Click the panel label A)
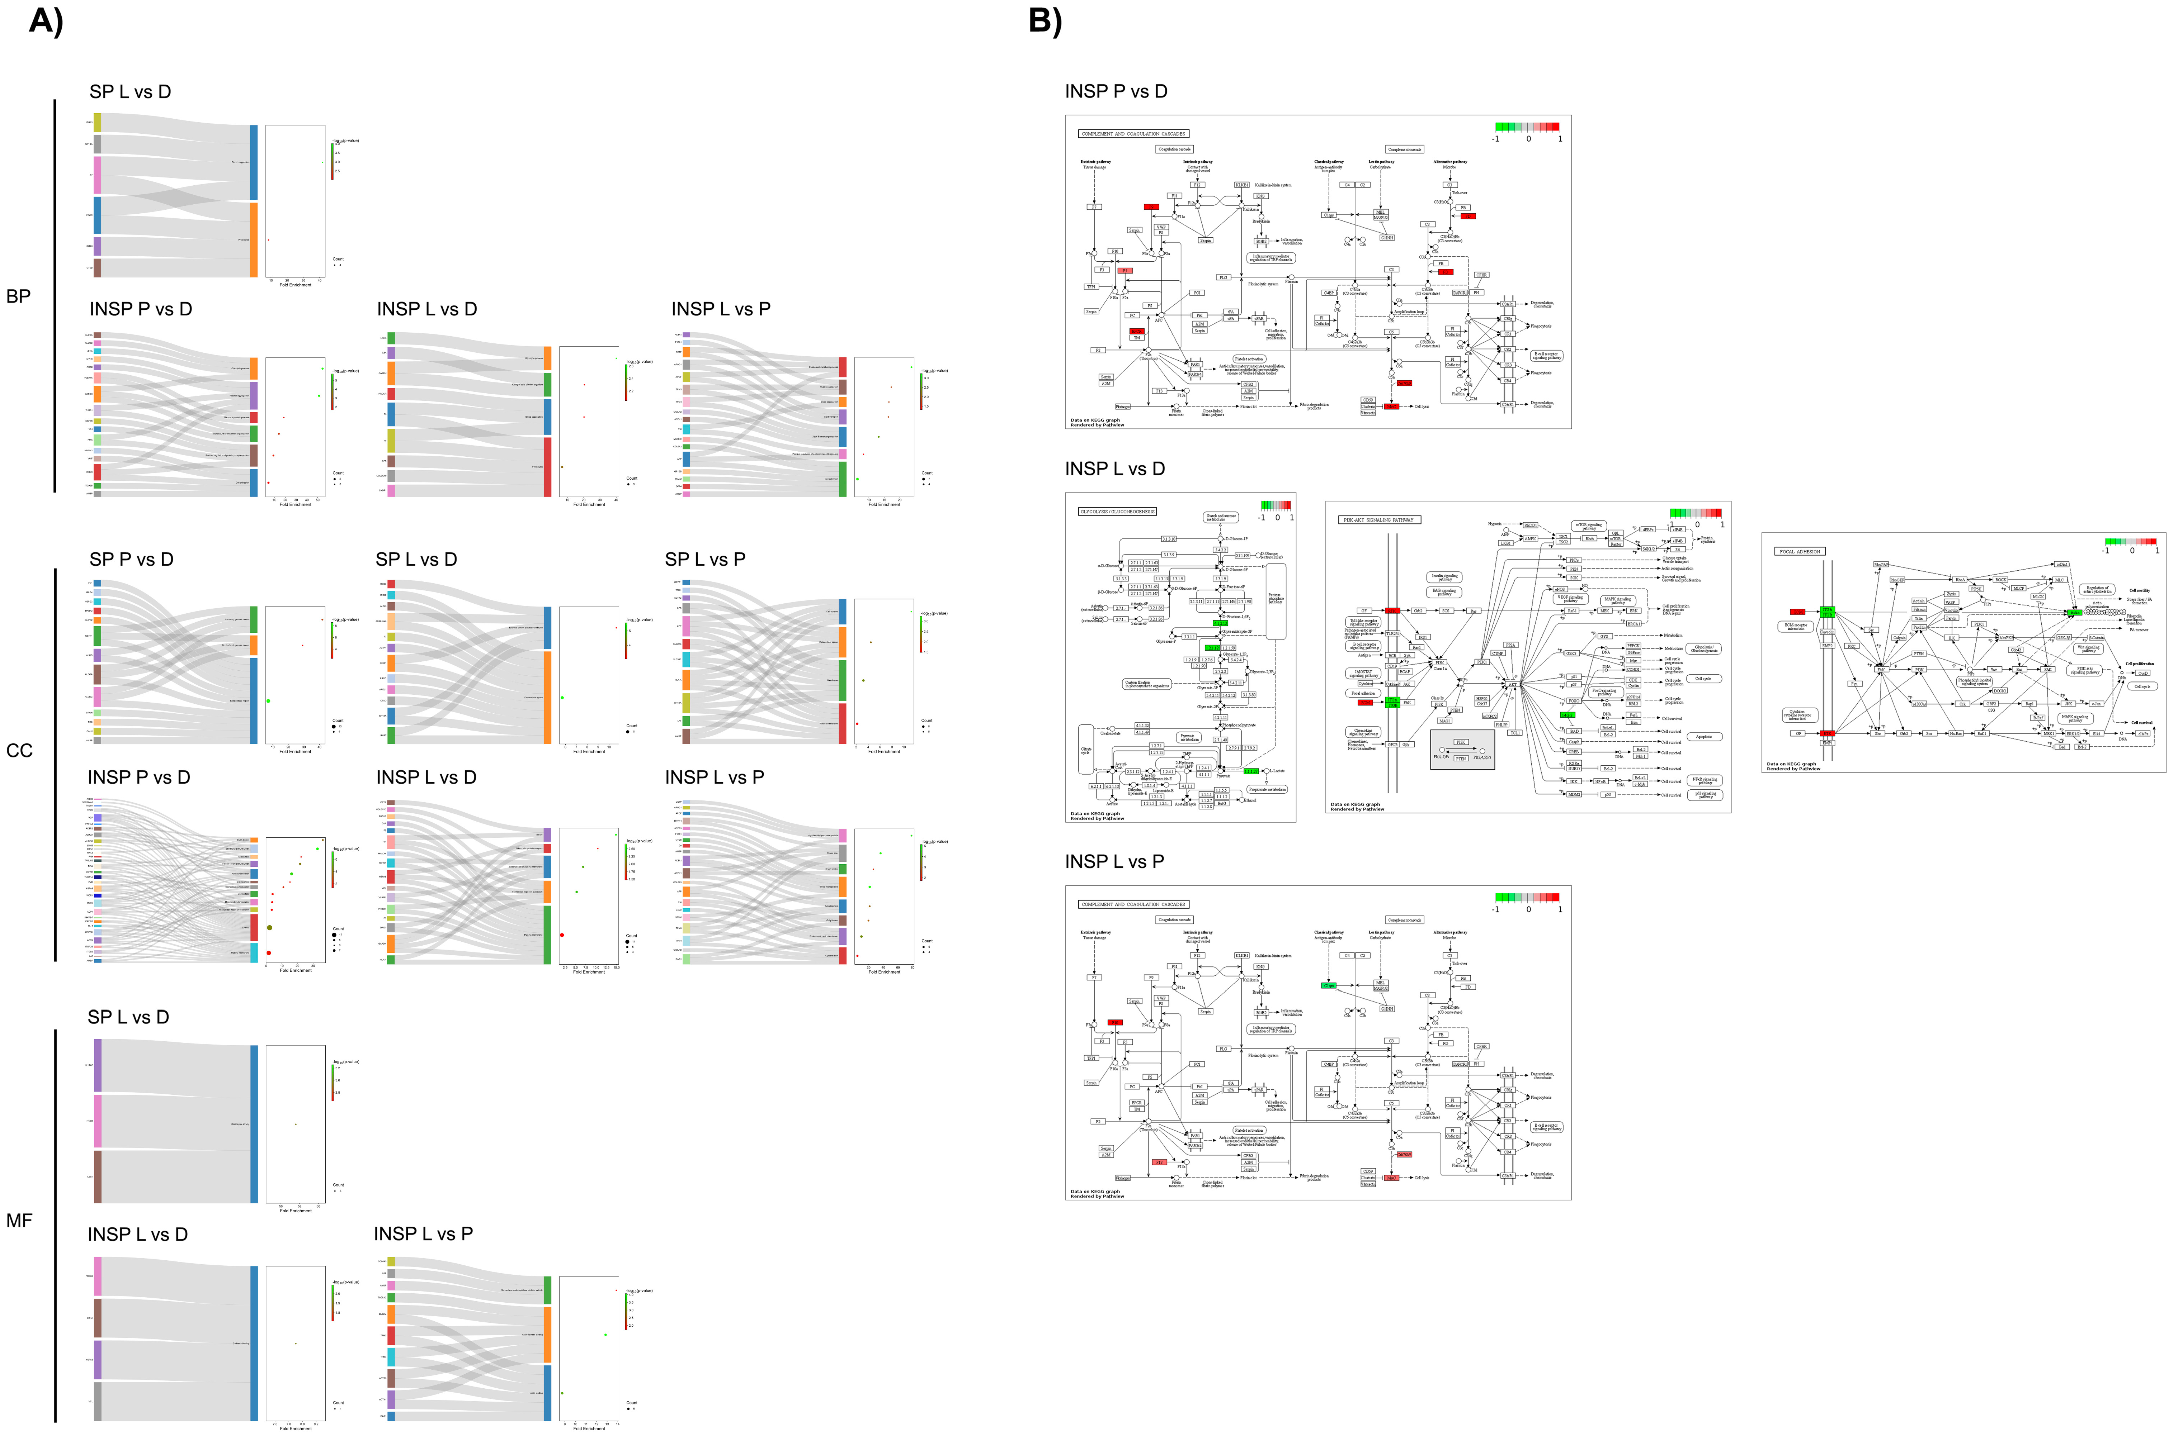46,20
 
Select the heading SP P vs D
131,560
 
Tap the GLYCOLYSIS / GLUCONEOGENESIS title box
1118,511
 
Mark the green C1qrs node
1329,985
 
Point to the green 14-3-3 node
1568,714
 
